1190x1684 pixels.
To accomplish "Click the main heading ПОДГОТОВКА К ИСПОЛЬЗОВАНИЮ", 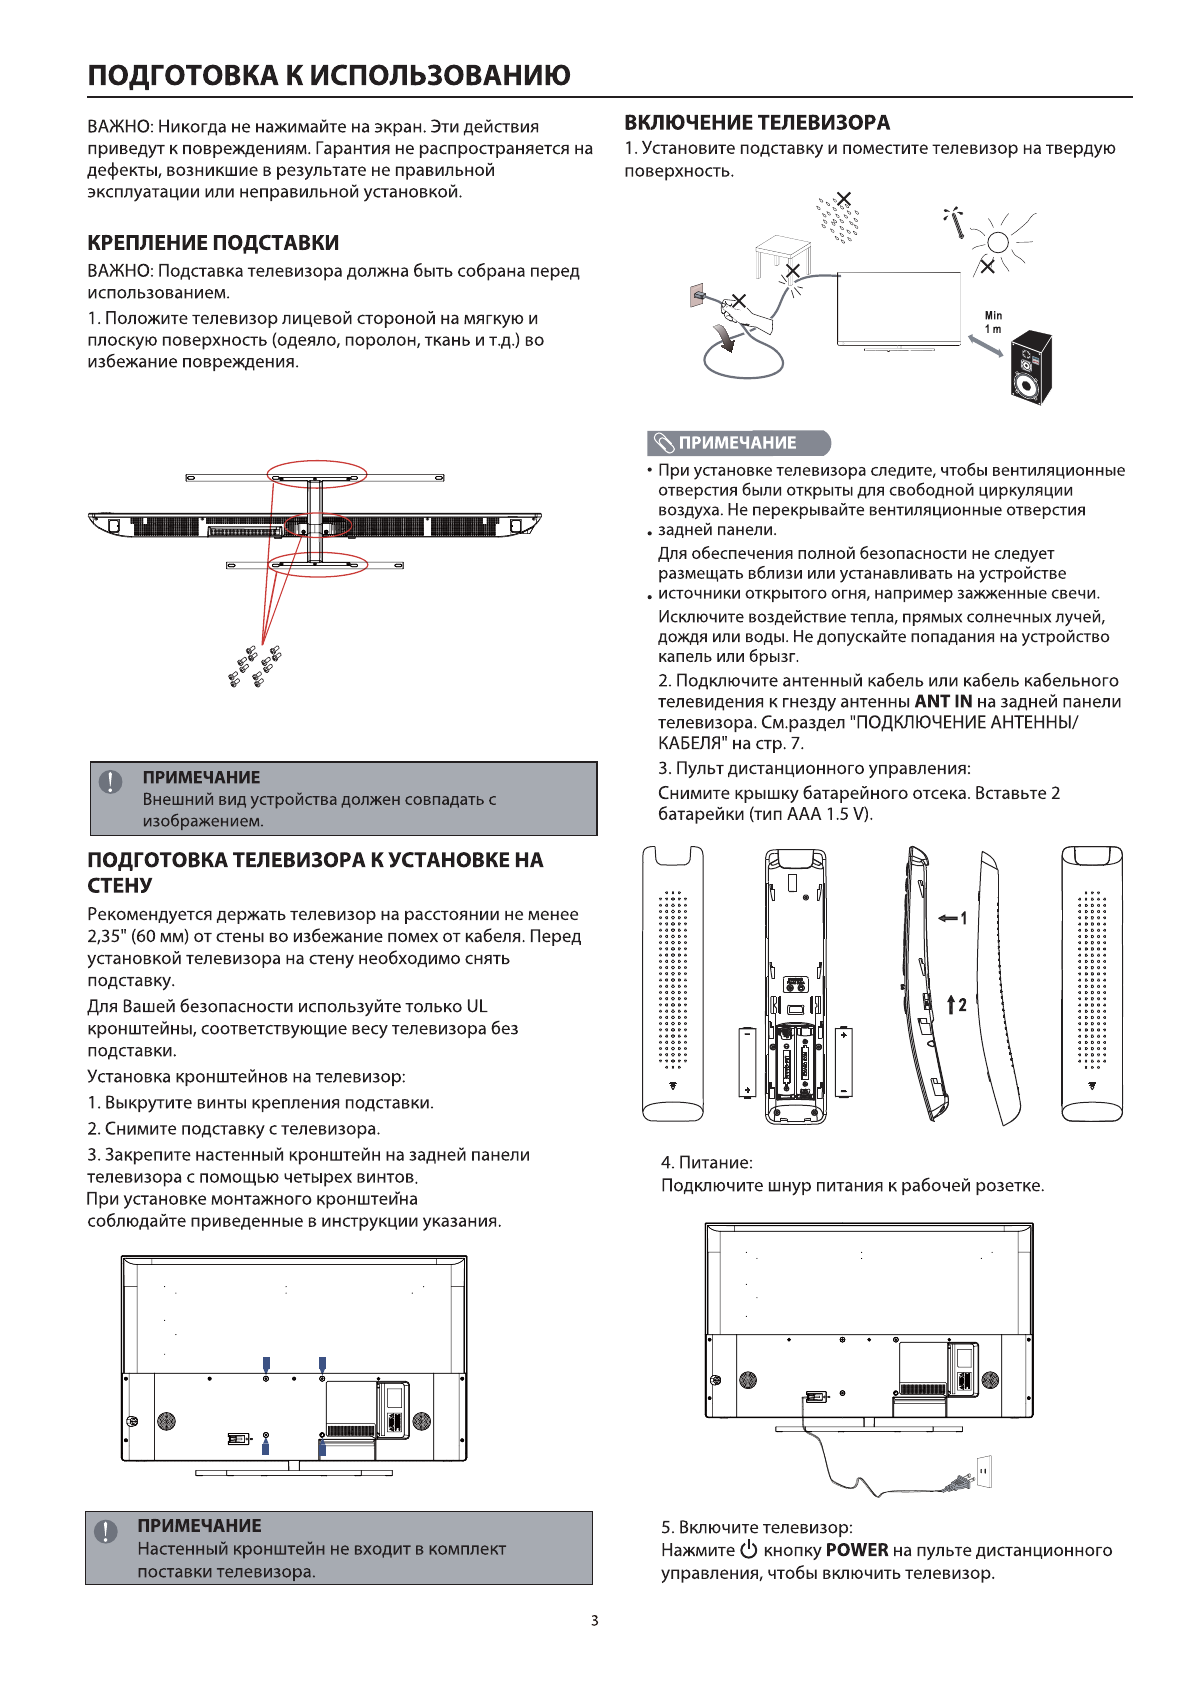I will [x=329, y=76].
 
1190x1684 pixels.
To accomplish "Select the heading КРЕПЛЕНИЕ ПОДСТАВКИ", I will [x=213, y=243].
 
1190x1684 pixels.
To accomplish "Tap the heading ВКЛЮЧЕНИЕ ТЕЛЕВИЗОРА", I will [x=757, y=123].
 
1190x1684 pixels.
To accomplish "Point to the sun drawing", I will [x=997, y=241].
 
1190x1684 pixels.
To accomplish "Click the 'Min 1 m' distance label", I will [x=993, y=322].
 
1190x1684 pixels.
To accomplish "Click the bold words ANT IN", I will [x=943, y=702].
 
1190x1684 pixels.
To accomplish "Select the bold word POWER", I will [x=857, y=1550].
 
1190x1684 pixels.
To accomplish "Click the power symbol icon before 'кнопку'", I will [x=749, y=1550].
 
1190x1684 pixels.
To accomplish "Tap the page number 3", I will [x=595, y=1621].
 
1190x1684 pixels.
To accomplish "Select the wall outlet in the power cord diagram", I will [x=984, y=1471].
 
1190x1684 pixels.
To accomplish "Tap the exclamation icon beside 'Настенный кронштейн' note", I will [x=106, y=1531].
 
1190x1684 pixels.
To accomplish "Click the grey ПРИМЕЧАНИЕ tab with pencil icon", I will [x=739, y=443].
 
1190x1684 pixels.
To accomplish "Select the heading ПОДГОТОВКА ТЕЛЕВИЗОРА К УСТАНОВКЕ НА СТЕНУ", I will [x=315, y=872].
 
